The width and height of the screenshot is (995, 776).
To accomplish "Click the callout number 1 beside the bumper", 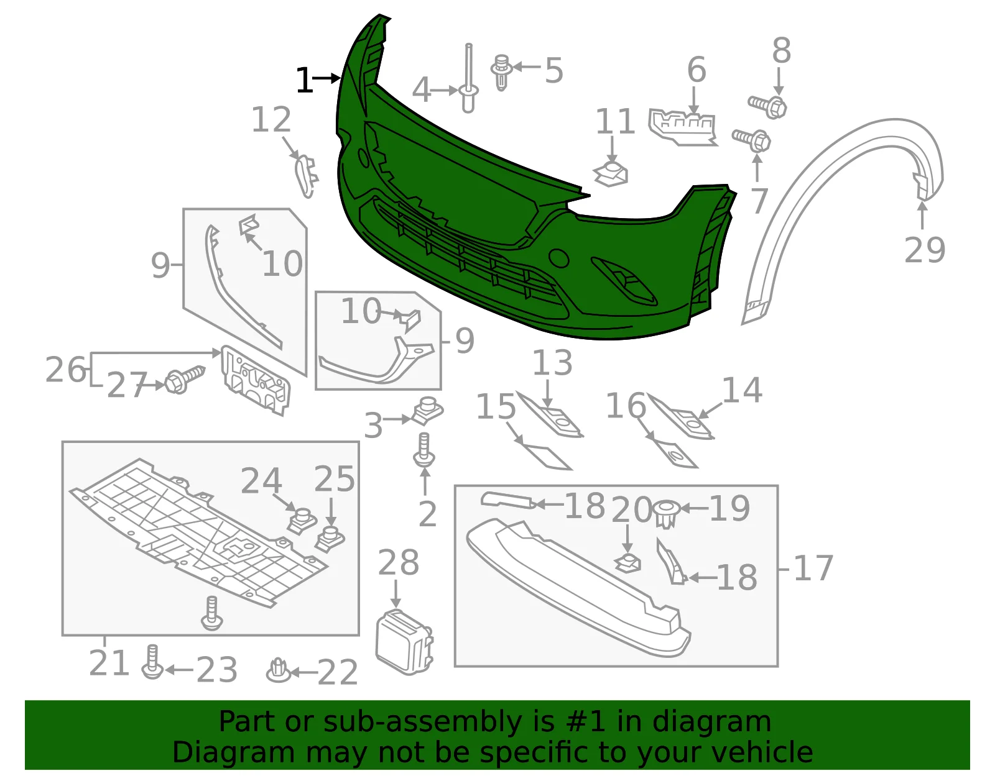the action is (x=305, y=81).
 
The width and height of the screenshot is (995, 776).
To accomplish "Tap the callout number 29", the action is (x=925, y=250).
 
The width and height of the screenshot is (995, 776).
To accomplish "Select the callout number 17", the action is (x=813, y=568).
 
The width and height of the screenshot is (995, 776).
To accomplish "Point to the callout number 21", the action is (x=109, y=662).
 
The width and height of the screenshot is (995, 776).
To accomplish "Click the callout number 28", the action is (x=399, y=562).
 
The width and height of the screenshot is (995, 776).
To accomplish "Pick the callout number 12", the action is (x=271, y=119).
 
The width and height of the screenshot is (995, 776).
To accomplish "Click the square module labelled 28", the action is (x=404, y=642).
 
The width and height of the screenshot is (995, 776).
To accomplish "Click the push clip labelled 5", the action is (x=501, y=72).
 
